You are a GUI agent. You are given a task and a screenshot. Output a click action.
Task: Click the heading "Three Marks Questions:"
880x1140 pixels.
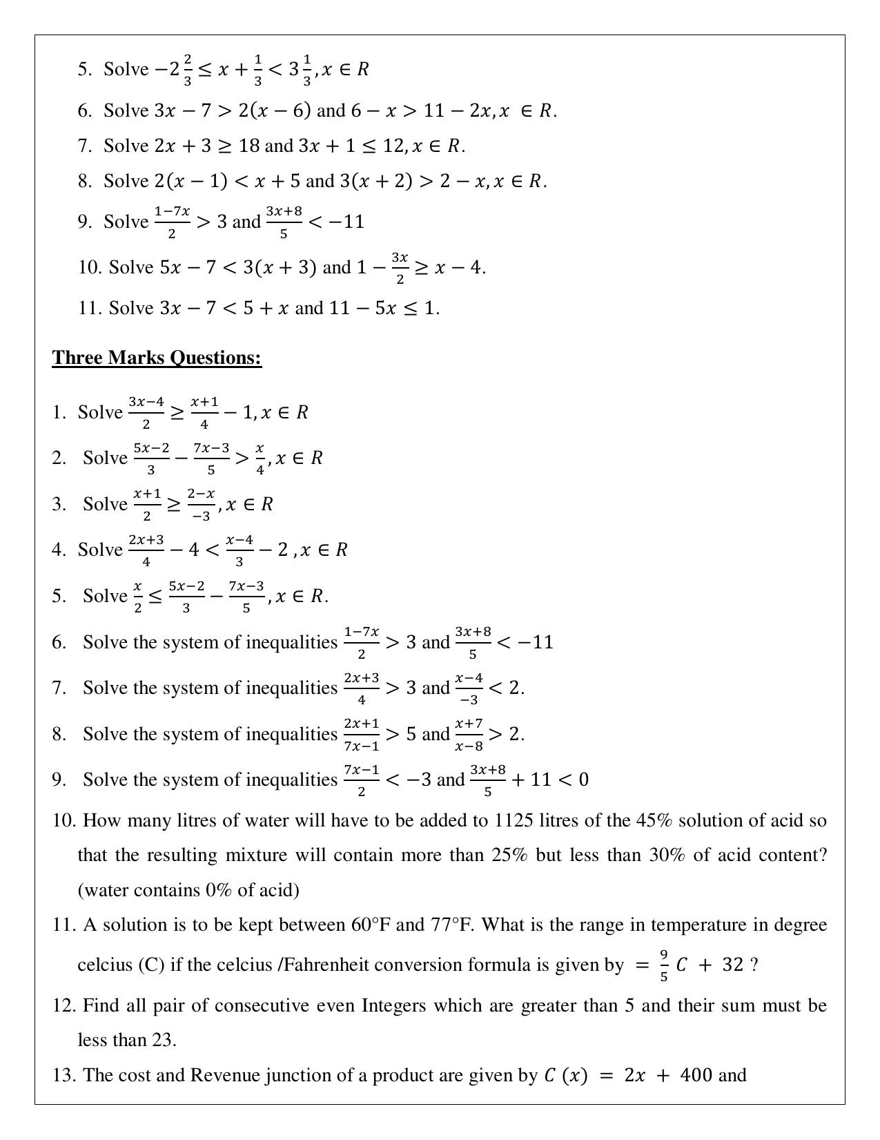click(157, 358)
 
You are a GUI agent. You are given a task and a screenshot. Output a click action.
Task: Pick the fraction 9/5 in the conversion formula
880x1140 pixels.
click(664, 965)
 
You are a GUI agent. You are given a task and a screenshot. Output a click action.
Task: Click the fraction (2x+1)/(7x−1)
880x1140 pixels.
click(362, 734)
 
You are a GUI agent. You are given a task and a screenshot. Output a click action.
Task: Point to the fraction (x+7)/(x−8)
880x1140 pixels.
click(469, 734)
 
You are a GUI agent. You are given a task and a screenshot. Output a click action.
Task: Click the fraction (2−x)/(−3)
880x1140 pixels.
click(201, 504)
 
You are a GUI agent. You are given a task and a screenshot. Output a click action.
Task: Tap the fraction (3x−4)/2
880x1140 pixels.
click(146, 412)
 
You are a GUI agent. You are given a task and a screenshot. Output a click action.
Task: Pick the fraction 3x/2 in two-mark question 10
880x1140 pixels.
click(400, 268)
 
